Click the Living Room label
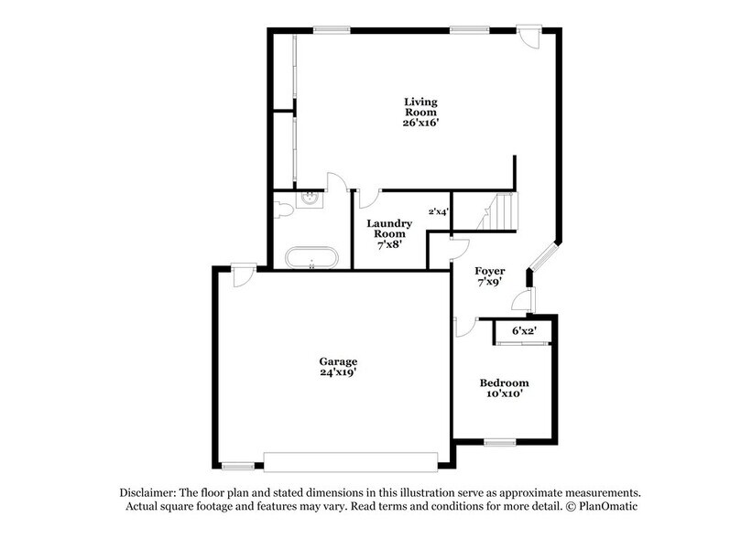[421, 106]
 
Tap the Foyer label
[489, 272]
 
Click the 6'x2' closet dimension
[524, 330]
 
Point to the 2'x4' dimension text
[439, 211]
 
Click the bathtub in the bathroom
[311, 257]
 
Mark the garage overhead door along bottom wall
[352, 457]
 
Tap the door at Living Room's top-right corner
[529, 37]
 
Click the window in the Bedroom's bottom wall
[500, 442]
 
